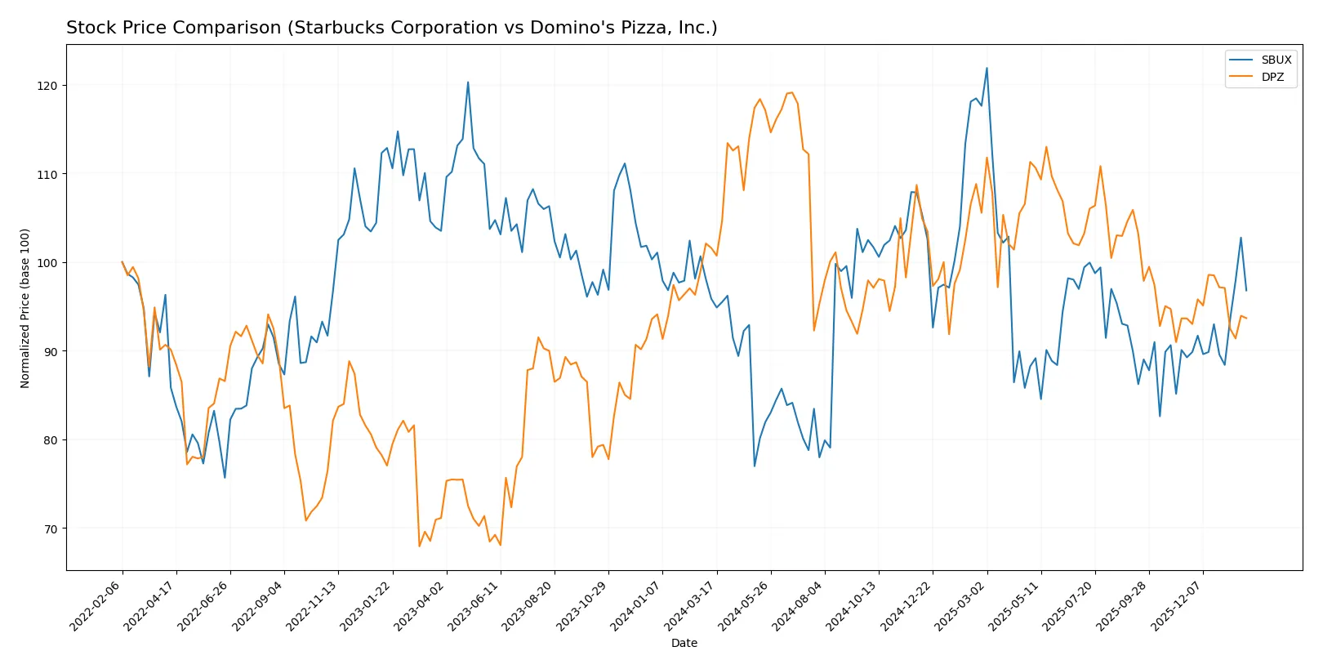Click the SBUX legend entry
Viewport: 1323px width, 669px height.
point(1275,60)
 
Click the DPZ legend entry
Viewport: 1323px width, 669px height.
point(1272,77)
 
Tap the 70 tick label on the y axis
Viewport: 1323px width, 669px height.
point(51,529)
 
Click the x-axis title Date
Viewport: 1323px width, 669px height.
point(684,643)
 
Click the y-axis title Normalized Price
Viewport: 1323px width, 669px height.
point(24,308)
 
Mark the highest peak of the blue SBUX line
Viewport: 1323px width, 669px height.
point(987,68)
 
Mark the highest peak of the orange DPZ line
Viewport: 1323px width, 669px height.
point(791,92)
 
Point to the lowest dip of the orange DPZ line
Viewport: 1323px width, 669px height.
point(419,546)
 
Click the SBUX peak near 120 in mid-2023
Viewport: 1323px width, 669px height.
point(468,82)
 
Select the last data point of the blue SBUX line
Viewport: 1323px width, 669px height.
point(1246,290)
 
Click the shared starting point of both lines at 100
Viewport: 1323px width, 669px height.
point(122,262)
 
